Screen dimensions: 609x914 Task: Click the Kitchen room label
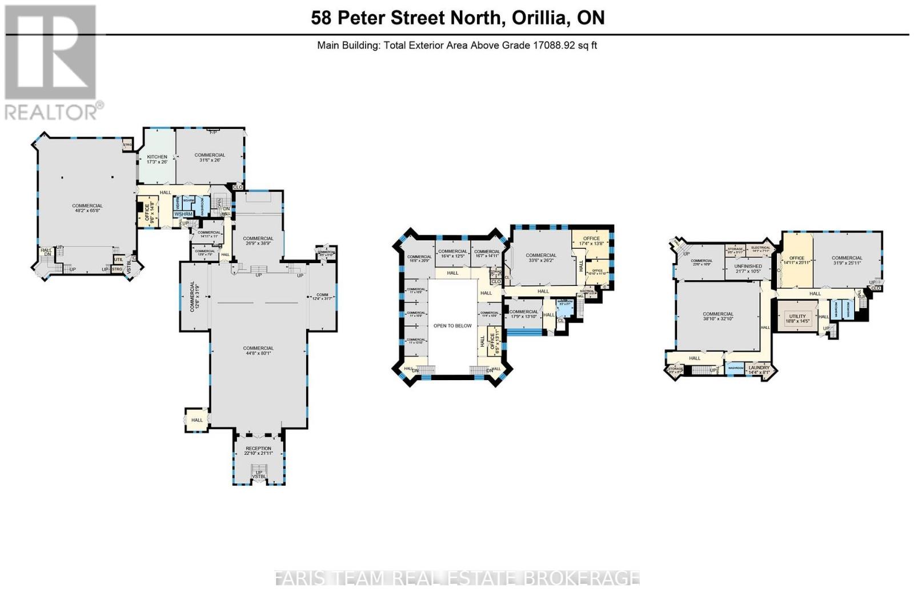point(157,159)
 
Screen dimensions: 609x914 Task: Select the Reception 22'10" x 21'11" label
point(258,450)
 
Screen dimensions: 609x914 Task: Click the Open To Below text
point(452,326)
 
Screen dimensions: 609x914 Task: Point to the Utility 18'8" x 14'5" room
point(797,318)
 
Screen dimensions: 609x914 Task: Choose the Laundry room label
point(759,370)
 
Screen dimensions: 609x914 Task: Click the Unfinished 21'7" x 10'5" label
point(748,268)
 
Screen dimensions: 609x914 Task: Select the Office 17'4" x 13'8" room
point(591,241)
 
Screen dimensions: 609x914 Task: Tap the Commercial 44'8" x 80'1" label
point(258,350)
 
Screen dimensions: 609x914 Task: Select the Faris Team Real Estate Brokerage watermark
point(457,578)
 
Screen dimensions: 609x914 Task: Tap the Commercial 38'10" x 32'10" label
point(718,316)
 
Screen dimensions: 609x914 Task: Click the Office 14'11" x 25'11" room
point(796,260)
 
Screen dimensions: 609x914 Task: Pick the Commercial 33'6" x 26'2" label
point(541,258)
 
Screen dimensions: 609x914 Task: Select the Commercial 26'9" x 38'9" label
point(258,241)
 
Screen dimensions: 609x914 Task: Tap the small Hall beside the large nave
point(197,420)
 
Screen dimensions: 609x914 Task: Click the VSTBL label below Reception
point(259,477)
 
